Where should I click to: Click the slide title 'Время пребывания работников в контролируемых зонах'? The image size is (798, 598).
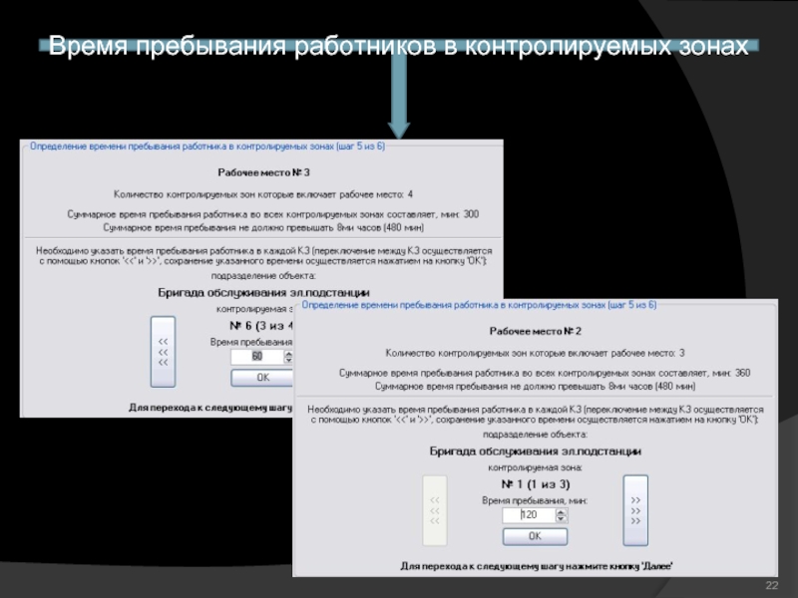tap(397, 47)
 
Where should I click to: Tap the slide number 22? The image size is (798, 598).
tap(770, 583)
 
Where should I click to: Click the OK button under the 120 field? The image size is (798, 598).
tap(534, 536)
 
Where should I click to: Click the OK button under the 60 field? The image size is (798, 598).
tap(262, 378)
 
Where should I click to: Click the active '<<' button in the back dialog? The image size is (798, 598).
tap(162, 351)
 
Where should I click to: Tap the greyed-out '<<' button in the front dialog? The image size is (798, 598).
tap(434, 509)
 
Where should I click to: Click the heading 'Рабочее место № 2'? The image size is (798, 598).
tap(535, 330)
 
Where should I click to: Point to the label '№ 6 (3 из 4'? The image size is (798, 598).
tap(262, 325)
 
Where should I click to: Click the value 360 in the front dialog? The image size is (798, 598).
tap(742, 373)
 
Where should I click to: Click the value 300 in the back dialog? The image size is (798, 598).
tap(471, 214)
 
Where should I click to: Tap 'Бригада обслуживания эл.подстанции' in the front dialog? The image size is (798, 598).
tap(535, 450)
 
